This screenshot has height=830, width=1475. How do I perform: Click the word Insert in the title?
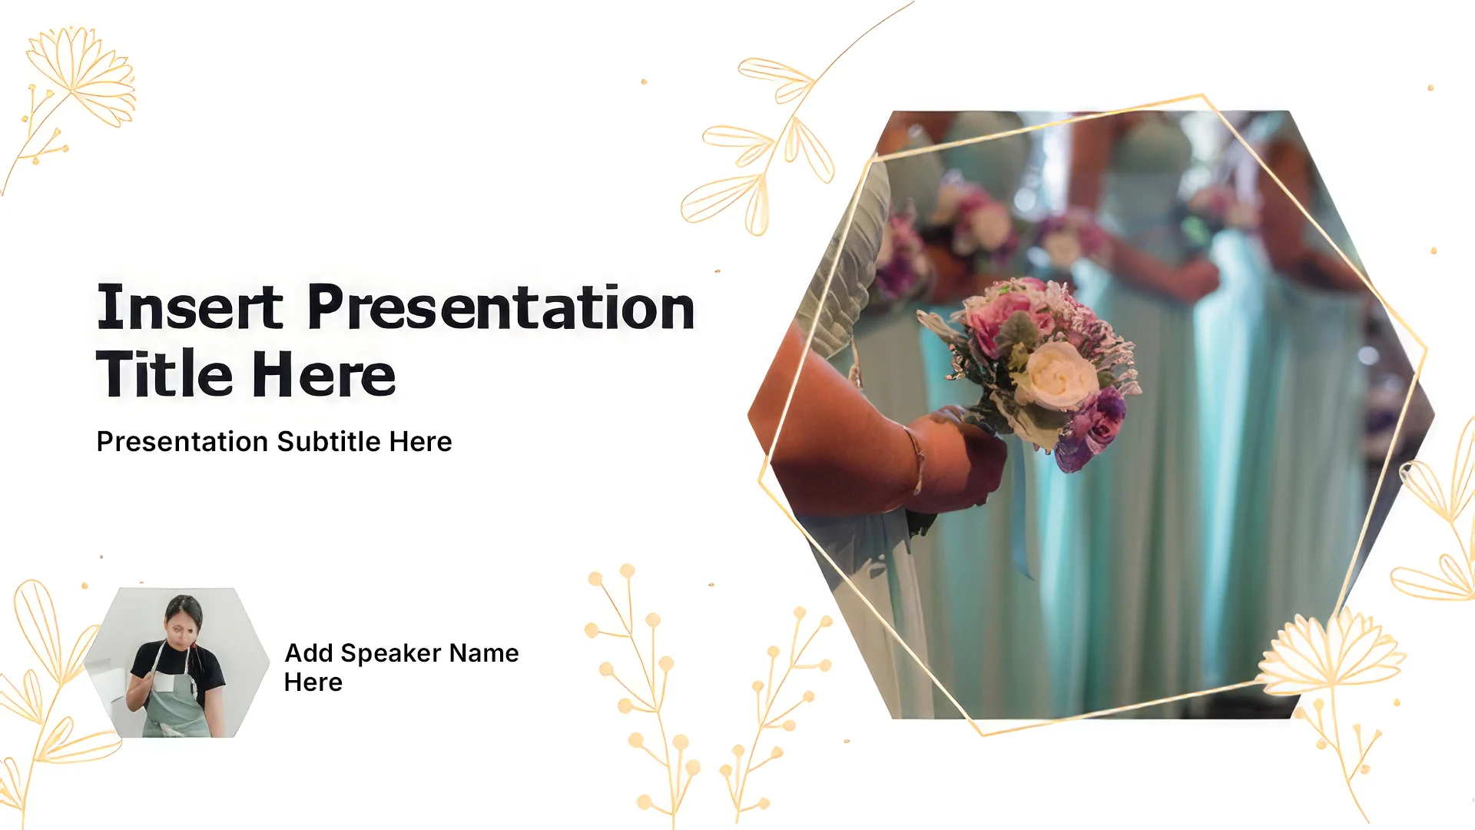point(190,307)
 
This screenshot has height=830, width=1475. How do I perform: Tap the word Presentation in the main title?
point(501,307)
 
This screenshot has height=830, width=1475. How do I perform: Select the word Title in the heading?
point(164,374)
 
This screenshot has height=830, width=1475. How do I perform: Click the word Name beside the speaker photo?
point(484,653)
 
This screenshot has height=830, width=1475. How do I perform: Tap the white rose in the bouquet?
point(1054,375)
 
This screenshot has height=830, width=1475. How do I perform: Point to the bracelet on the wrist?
point(915,460)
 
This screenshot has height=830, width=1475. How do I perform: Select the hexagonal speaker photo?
point(177,662)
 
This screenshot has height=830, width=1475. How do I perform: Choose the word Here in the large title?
point(323,374)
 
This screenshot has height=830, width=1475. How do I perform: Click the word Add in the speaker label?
point(309,653)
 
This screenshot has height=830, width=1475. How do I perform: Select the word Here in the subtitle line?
point(420,442)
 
